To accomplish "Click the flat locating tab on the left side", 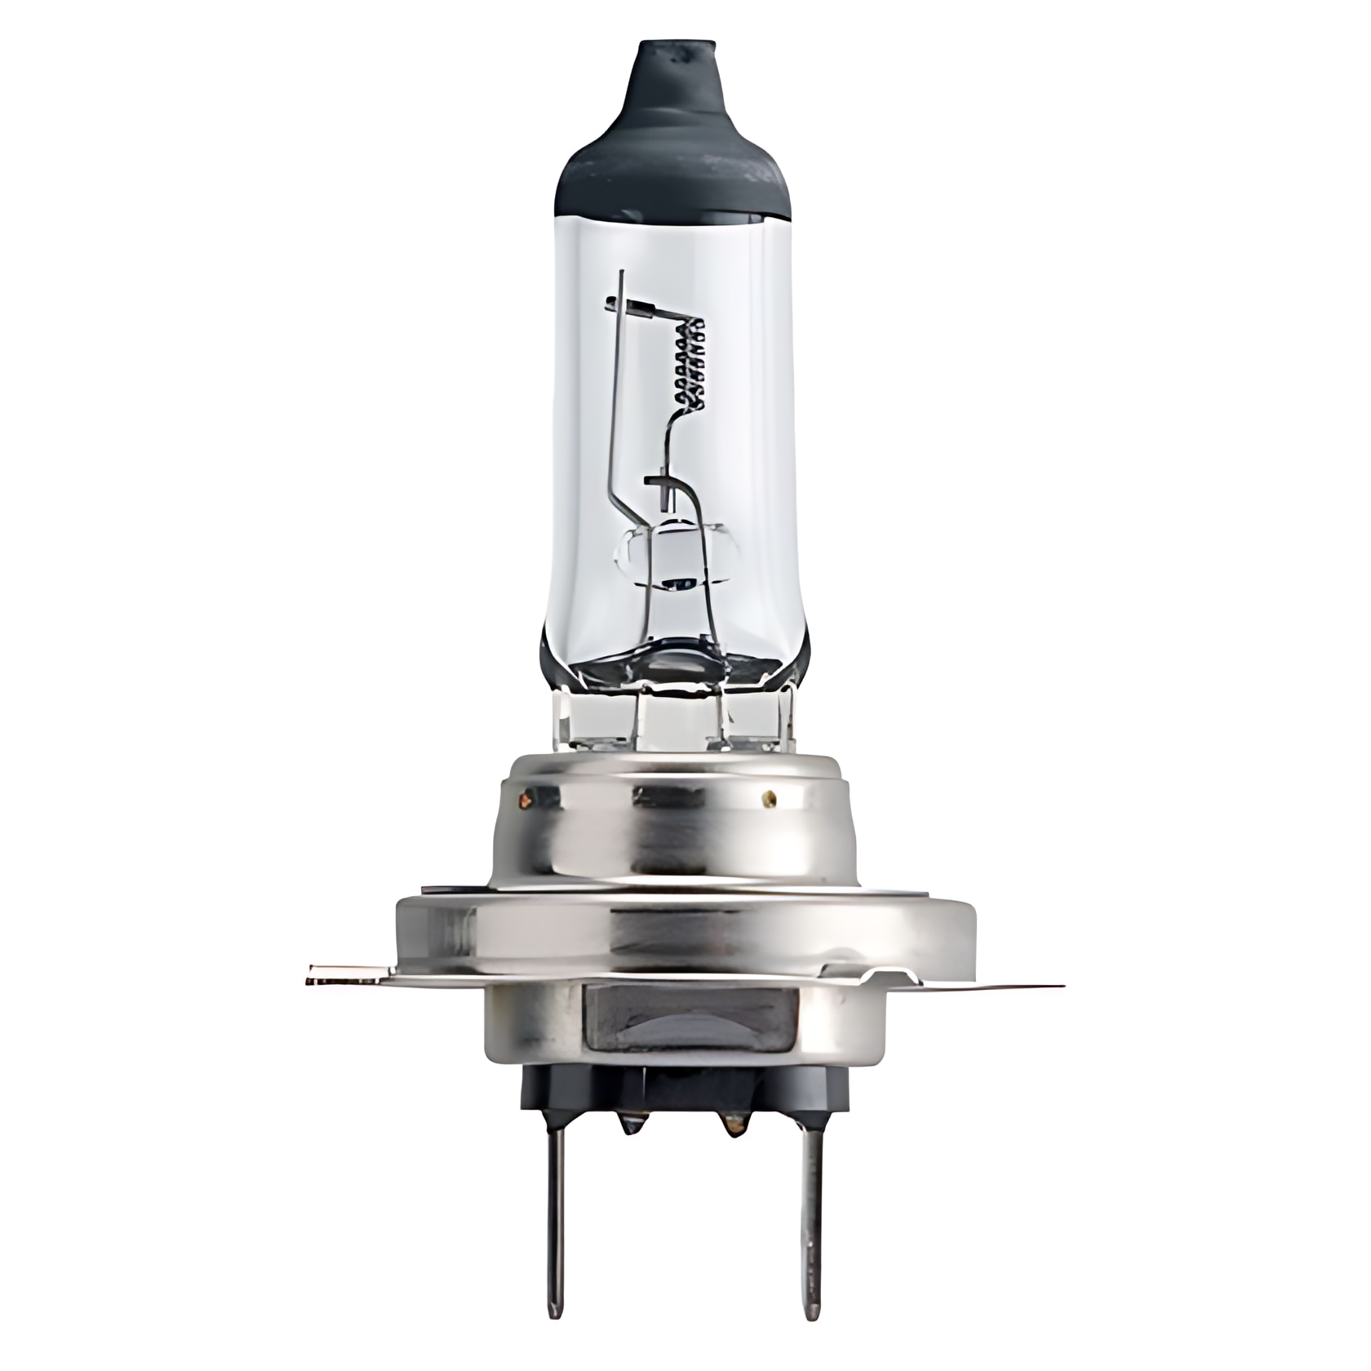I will point(347,974).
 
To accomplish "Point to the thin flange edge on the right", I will point(1020,986).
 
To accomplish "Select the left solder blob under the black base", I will point(629,1125).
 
